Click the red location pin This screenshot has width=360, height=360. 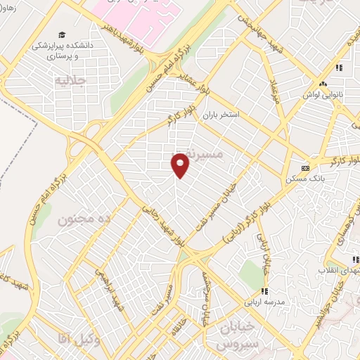click(181, 165)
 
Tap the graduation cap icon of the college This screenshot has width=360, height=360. click(61, 34)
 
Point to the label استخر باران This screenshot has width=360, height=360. click(240, 113)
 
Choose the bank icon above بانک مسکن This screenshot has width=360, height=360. click(304, 168)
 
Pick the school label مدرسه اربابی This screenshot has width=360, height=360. click(264, 303)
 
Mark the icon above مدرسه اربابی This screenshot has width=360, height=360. click(264, 290)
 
